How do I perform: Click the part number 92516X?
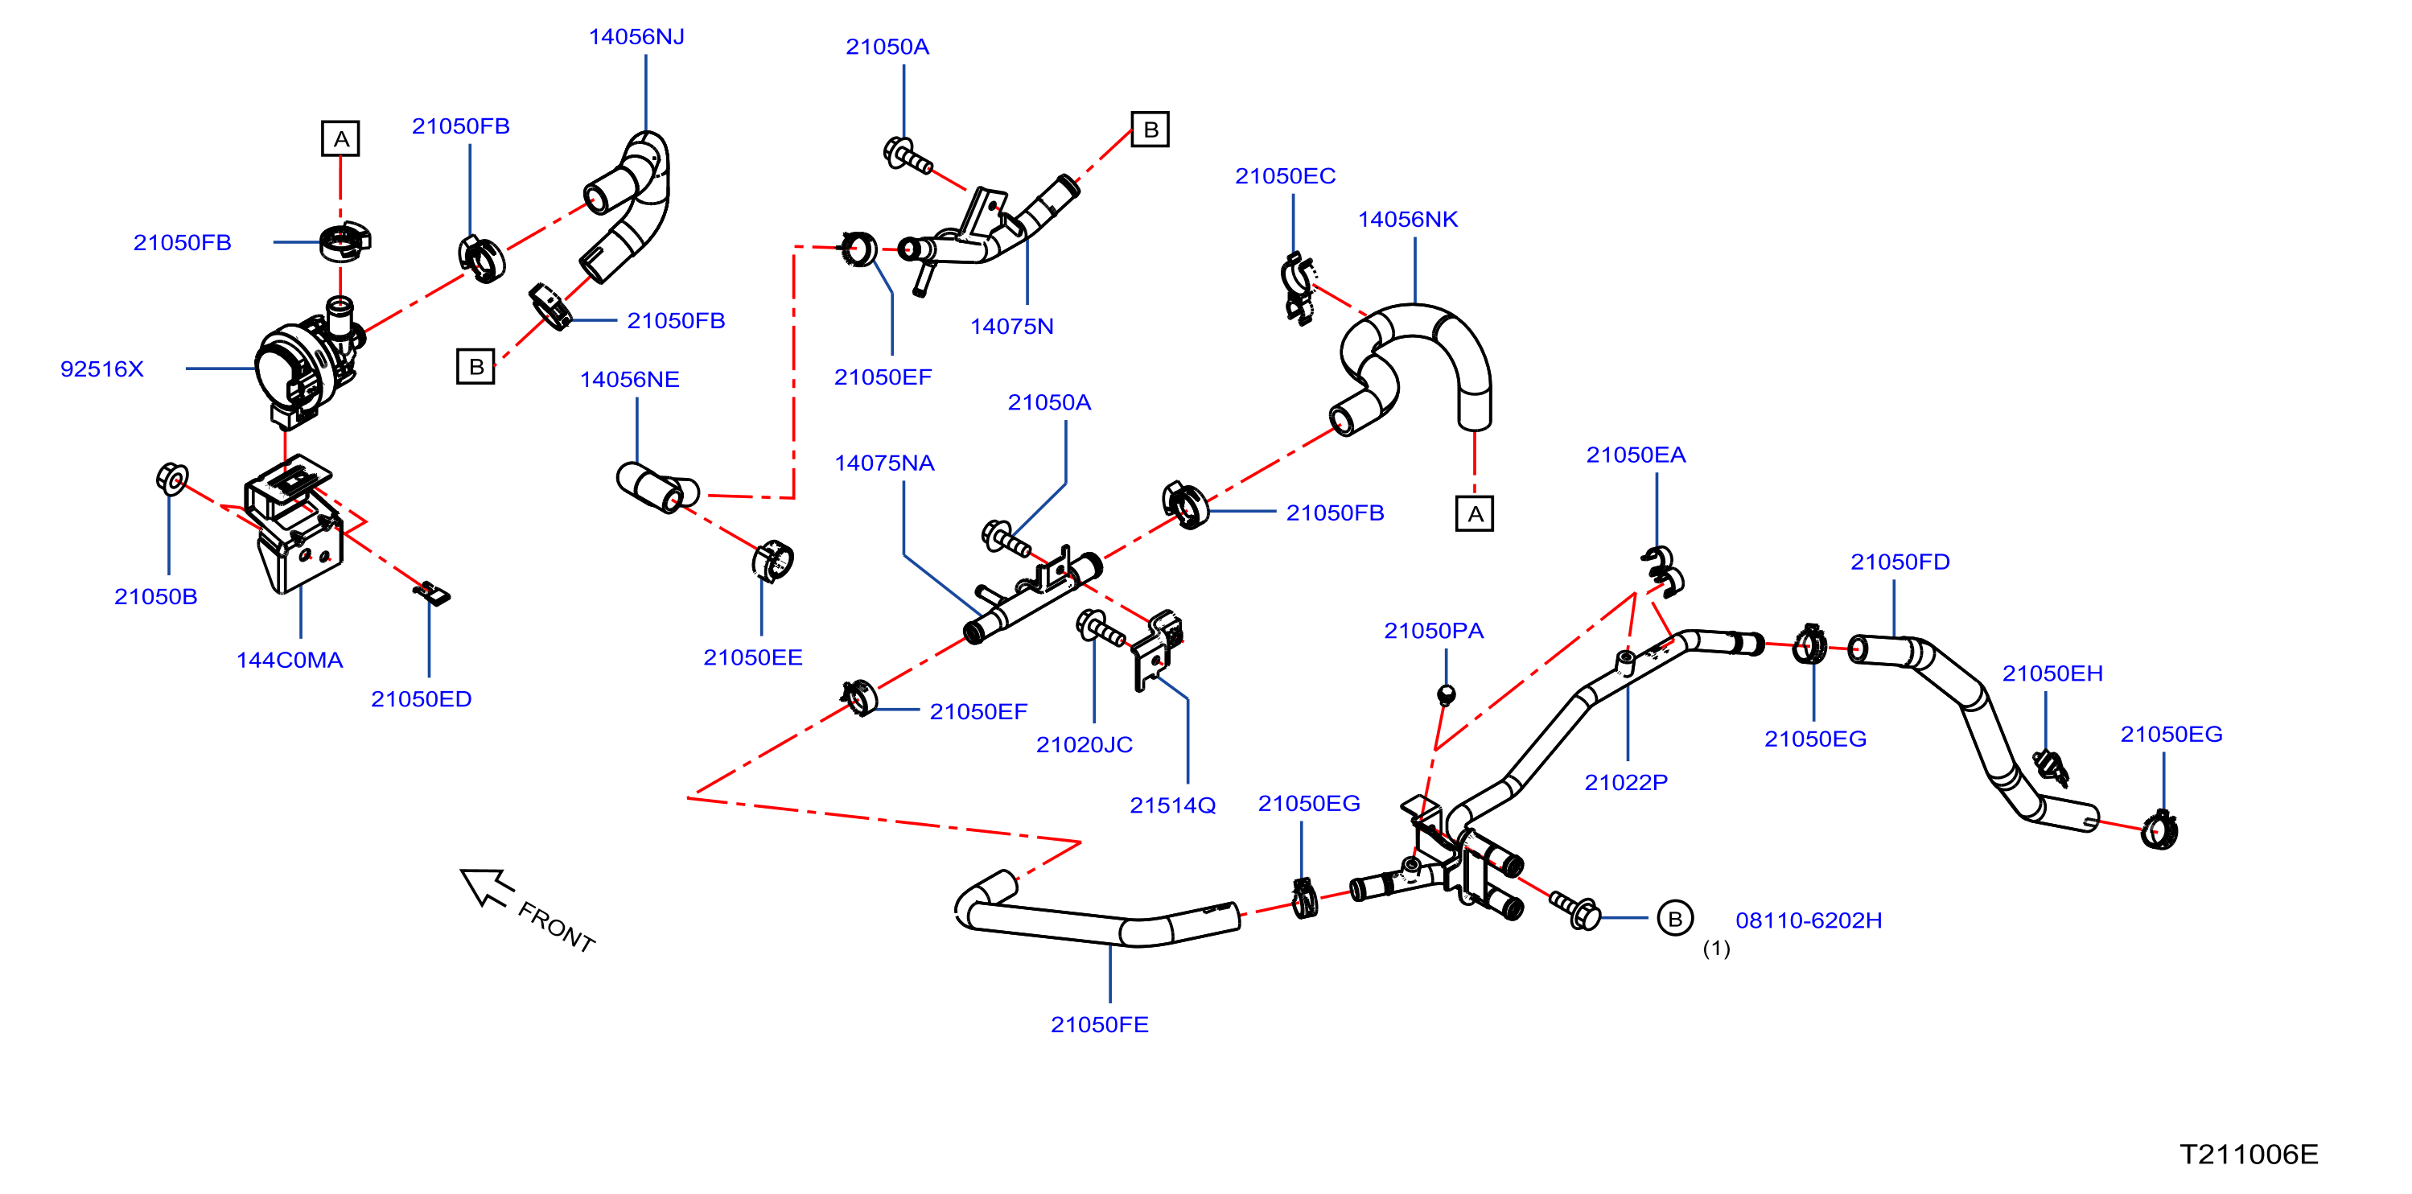(x=102, y=369)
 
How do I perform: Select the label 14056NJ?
(x=636, y=36)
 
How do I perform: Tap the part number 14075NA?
(x=885, y=463)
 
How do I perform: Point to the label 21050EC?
(x=1286, y=176)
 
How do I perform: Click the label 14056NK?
(x=1408, y=219)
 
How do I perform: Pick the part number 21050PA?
(x=1434, y=631)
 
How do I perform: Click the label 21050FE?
(x=1100, y=1024)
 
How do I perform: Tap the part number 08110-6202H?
(x=1809, y=920)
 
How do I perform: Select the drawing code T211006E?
(x=2249, y=1155)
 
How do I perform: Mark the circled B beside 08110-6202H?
(x=1675, y=919)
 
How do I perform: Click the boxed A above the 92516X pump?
(x=341, y=138)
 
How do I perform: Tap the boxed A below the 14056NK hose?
(x=1475, y=513)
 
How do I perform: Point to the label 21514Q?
(x=1173, y=805)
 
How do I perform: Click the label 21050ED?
(x=422, y=699)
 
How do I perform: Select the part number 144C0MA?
(x=290, y=661)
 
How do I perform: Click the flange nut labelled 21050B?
(x=172, y=479)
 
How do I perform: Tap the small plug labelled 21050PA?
(x=1446, y=695)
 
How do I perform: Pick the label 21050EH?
(x=2052, y=673)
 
